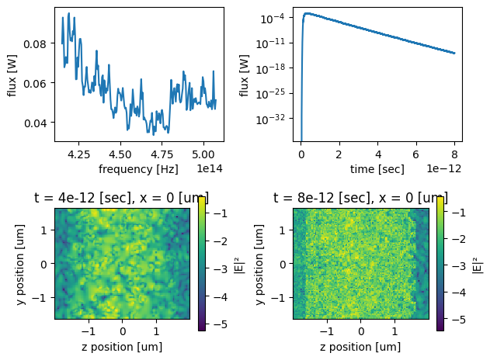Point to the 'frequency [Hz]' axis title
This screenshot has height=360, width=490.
pos(138,168)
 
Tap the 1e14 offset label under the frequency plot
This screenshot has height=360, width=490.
pos(211,168)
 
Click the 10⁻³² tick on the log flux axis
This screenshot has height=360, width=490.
pos(276,119)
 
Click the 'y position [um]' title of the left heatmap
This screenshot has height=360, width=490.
pos(16,264)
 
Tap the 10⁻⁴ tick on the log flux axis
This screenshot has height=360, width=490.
pos(276,18)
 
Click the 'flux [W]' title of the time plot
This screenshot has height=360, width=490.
pos(245,75)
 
